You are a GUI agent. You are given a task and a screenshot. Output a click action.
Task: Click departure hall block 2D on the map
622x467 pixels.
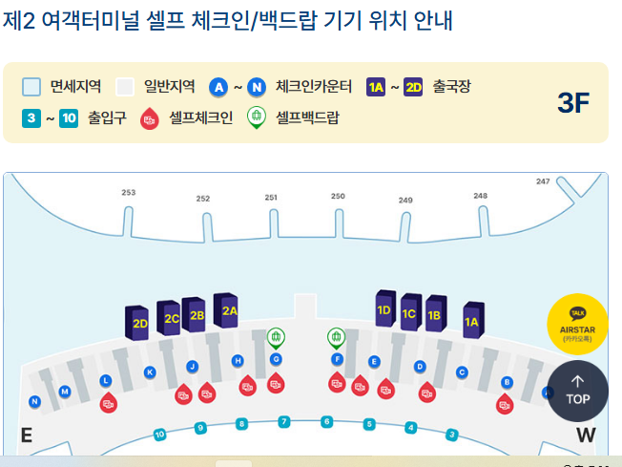(140, 322)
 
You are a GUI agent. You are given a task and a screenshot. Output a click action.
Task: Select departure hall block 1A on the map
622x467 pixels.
(471, 321)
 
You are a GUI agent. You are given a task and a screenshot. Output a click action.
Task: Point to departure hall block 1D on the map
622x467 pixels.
(384, 308)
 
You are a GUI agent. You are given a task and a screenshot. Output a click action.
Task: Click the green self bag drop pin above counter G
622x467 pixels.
(276, 337)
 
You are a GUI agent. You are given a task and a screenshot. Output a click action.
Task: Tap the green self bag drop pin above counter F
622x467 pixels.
(336, 337)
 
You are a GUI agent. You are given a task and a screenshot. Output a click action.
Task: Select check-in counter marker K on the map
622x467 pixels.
(150, 371)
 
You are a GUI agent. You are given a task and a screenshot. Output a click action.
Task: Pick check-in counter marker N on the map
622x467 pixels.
(34, 401)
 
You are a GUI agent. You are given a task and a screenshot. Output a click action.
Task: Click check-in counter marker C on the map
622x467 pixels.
(462, 372)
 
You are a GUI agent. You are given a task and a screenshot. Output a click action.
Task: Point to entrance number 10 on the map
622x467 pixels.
(159, 435)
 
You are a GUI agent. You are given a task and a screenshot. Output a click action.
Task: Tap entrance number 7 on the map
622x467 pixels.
(284, 421)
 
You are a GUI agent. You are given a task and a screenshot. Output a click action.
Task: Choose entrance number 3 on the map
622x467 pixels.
(452, 435)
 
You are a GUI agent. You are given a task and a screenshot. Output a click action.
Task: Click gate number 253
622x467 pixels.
(129, 192)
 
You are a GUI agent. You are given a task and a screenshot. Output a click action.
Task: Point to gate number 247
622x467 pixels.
(543, 180)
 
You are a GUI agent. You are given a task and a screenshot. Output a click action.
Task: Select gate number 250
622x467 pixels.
(338, 196)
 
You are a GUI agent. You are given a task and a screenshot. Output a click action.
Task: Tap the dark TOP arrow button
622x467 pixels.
(577, 391)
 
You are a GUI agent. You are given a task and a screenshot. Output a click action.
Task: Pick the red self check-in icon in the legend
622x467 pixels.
(149, 119)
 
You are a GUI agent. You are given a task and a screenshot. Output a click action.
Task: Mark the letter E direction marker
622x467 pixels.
(27, 435)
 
